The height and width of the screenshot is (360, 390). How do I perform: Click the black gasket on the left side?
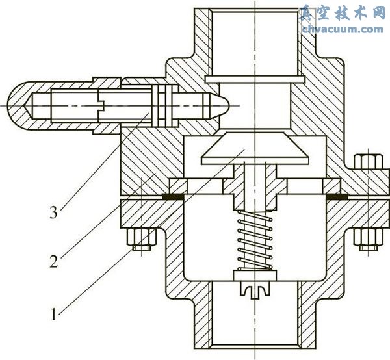[x=174, y=195]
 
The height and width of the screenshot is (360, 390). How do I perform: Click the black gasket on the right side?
[x=337, y=195]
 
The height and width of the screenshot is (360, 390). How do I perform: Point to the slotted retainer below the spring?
[x=255, y=287]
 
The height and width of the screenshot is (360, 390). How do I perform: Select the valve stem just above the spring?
[x=255, y=188]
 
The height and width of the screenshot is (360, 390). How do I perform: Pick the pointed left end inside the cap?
[x=30, y=104]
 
